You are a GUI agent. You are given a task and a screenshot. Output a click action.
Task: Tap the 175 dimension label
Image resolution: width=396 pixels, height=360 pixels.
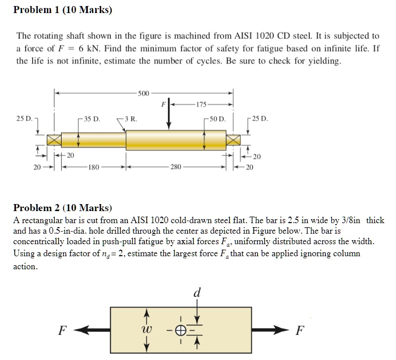coord(201,105)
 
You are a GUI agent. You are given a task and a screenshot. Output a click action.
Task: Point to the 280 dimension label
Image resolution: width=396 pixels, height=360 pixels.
coord(176,166)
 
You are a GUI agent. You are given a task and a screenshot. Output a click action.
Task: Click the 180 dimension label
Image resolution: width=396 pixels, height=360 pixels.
coord(93,166)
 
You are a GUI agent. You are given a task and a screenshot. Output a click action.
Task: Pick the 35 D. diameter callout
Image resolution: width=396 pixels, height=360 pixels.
coord(92,119)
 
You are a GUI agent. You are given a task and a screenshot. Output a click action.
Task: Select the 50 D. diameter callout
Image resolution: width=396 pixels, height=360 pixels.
coord(218,119)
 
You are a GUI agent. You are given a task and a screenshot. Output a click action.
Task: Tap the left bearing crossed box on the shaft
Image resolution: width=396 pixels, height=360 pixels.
coord(54,139)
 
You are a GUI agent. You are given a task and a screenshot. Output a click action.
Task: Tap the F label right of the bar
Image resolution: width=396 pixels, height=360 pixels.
coord(299,330)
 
